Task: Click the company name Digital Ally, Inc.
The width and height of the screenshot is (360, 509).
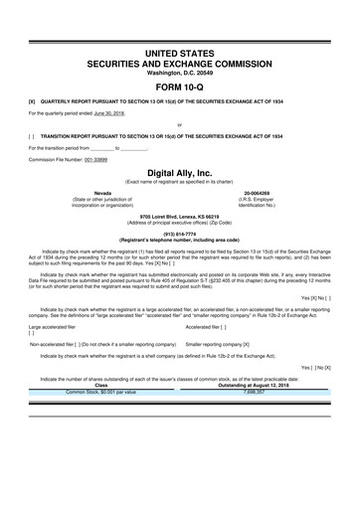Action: pyautogui.click(x=179, y=172)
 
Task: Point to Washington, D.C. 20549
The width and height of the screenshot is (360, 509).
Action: pyautogui.click(x=179, y=70)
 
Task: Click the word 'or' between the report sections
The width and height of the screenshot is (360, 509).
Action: pyautogui.click(x=179, y=125)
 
